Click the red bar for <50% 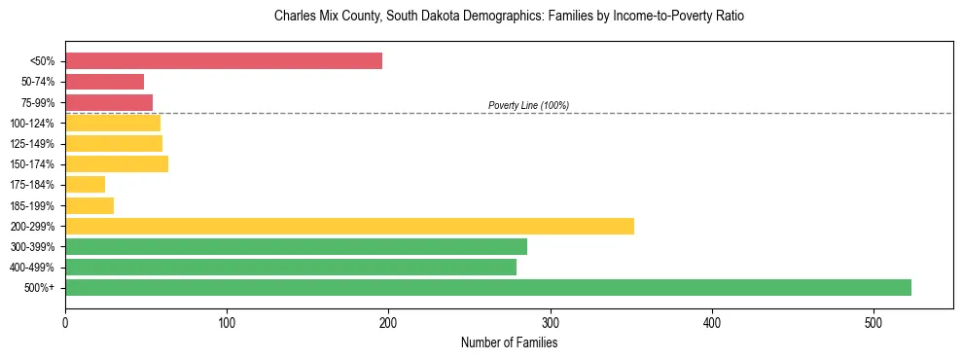(x=224, y=61)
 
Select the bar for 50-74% (x=104, y=82)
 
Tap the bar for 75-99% (x=109, y=102)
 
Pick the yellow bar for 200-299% (x=349, y=226)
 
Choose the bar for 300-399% (x=296, y=246)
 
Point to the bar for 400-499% (x=291, y=267)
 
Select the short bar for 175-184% (x=85, y=184)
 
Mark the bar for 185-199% (x=89, y=205)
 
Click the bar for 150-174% (x=117, y=163)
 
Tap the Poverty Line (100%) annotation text (x=528, y=105)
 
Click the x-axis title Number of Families (x=509, y=342)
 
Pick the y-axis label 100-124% (x=32, y=124)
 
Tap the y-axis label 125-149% (x=32, y=144)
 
